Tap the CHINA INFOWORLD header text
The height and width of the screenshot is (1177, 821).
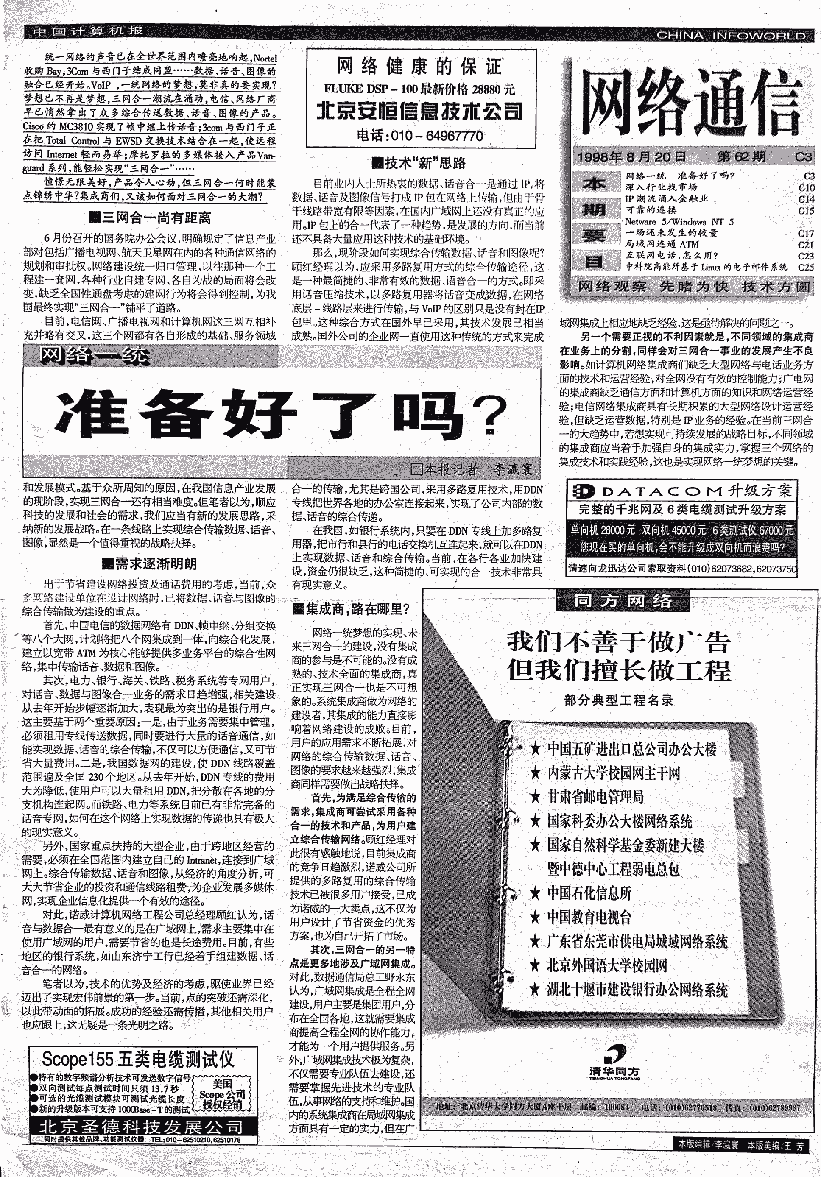click(731, 35)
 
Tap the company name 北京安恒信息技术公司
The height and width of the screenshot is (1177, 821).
click(419, 111)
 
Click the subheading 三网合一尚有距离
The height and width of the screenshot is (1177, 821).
click(150, 218)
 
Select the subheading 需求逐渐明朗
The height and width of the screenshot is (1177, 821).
click(149, 564)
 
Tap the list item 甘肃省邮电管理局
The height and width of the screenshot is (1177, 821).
click(595, 796)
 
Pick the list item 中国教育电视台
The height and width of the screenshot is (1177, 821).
click(589, 917)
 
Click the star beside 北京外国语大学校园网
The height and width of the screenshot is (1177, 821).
click(535, 966)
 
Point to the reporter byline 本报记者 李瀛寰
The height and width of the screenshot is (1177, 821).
click(472, 469)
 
